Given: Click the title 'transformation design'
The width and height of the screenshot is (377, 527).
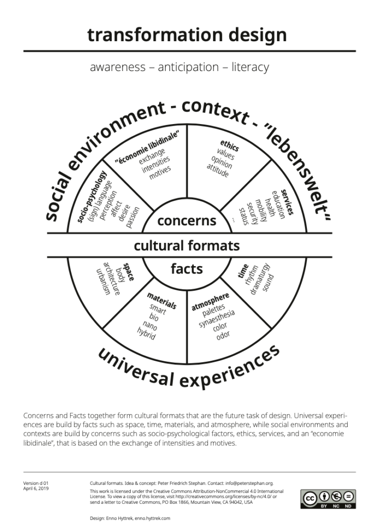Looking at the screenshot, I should point(186,35).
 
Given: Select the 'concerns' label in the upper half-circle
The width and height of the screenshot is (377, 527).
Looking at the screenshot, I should point(186,221).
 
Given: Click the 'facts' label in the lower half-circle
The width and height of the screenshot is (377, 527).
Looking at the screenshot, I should point(186,268).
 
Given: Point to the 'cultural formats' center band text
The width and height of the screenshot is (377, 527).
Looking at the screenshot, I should point(186,245).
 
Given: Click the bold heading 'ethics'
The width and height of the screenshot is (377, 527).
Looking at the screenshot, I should point(230,145).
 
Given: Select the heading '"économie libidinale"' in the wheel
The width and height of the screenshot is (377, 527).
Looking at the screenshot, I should point(147,147).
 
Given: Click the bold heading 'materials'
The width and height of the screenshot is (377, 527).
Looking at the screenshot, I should point(162,302).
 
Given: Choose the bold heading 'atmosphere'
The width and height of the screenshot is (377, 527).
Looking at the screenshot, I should point(210,302).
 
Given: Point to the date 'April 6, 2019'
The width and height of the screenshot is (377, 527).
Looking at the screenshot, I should point(36,488).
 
